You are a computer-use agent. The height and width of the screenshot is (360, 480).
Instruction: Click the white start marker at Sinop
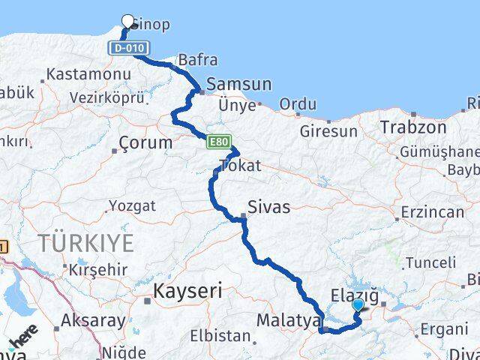coord(127,22)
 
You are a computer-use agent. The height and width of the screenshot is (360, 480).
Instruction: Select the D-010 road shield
coord(124,48)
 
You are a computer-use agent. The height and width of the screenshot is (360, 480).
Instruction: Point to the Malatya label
coord(289,320)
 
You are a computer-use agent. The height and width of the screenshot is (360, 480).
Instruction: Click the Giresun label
coord(328,130)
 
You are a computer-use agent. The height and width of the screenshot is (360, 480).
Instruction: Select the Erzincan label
coord(432,212)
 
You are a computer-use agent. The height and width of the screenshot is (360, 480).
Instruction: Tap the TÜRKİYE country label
coord(87,243)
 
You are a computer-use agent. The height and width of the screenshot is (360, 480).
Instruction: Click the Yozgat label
coord(132,205)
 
